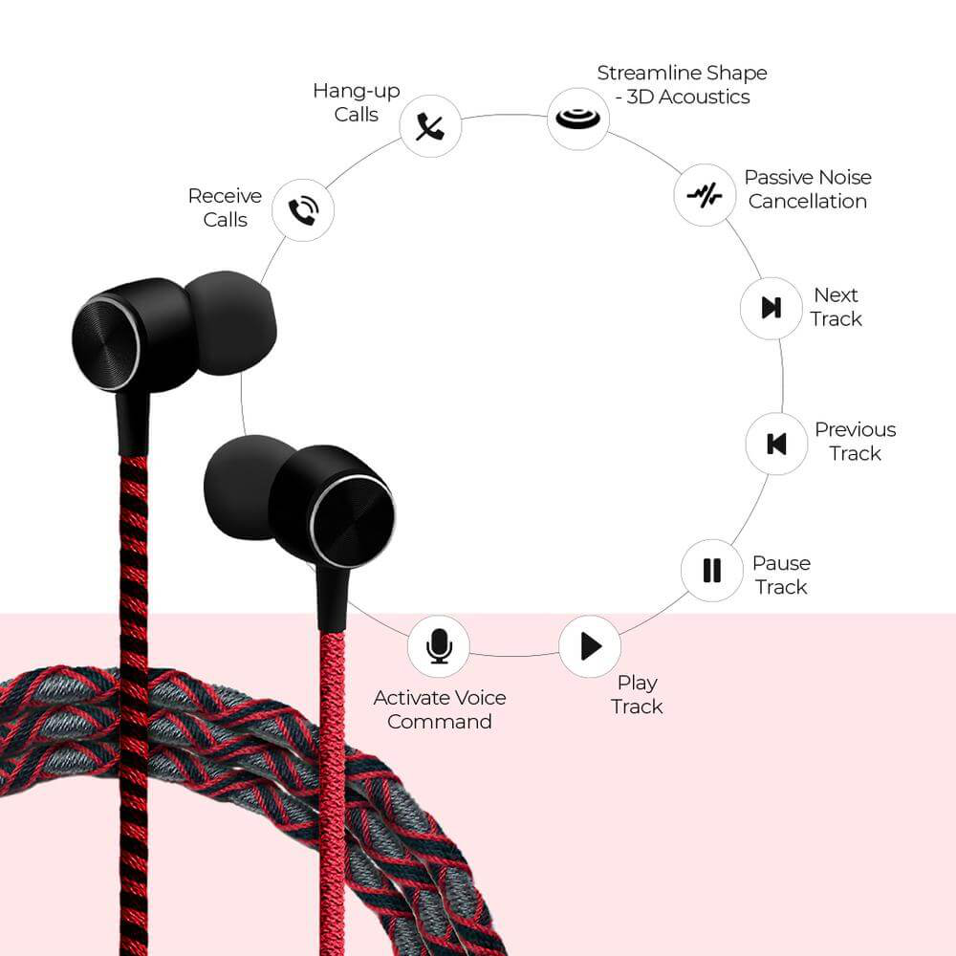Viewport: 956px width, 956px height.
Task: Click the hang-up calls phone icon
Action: click(x=430, y=126)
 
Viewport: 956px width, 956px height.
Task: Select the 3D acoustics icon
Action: click(x=578, y=119)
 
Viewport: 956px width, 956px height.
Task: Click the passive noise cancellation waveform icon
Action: click(x=705, y=195)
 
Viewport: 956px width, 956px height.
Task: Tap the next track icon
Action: click(x=771, y=308)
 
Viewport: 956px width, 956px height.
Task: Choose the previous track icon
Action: click(x=776, y=444)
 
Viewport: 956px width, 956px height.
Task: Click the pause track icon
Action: click(x=711, y=571)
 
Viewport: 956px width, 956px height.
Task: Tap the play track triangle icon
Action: click(x=591, y=646)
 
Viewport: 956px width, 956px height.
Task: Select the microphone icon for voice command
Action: click(x=439, y=646)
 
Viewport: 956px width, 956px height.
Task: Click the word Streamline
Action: click(x=645, y=74)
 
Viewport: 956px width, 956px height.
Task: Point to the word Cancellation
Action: click(x=807, y=201)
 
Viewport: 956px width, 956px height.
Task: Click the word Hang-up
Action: click(x=356, y=92)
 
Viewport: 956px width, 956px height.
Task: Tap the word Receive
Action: click(x=225, y=196)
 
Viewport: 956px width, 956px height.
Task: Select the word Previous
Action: click(x=856, y=429)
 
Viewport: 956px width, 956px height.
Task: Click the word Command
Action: click(x=439, y=722)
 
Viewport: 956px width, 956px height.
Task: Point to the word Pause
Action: click(x=781, y=563)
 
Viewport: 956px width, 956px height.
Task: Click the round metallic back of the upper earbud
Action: click(x=106, y=344)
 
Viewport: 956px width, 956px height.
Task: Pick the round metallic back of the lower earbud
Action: click(x=353, y=521)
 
